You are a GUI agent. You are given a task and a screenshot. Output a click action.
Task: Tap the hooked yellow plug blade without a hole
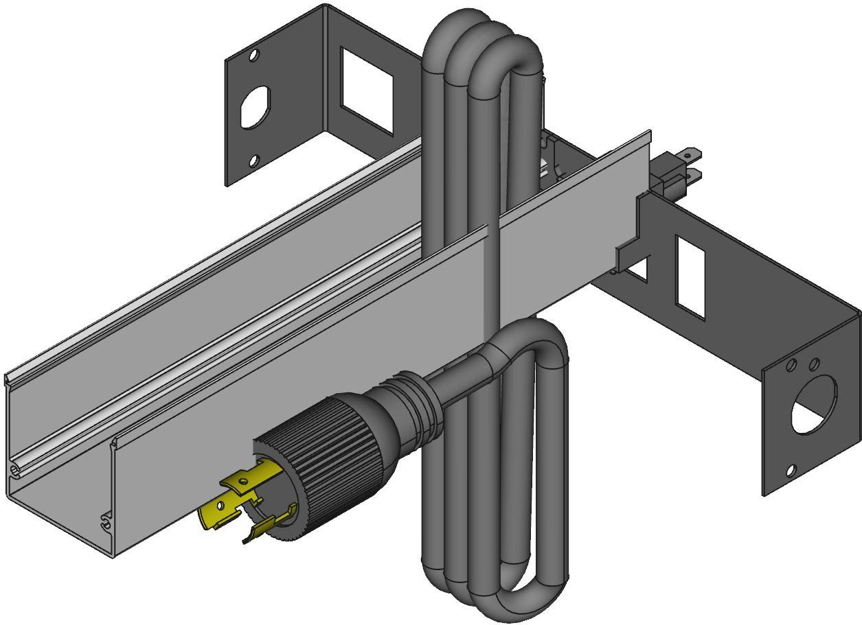(x=271, y=525)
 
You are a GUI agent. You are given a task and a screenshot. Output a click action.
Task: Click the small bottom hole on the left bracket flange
(x=253, y=161)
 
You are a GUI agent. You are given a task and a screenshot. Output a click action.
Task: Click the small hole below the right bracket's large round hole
(x=791, y=471)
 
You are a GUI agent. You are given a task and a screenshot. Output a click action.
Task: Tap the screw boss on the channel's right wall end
(x=104, y=521)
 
